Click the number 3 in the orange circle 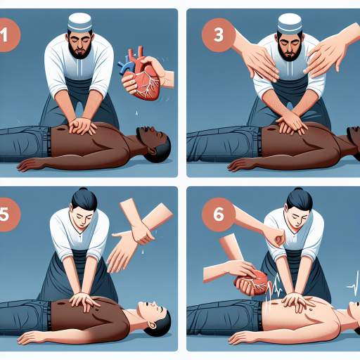pyautogui.click(x=219, y=34)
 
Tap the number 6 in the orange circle pyautogui.click(x=219, y=214)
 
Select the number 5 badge pyautogui.click(x=8, y=214)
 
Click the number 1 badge pyautogui.click(x=8, y=35)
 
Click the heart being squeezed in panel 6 pyautogui.click(x=252, y=283)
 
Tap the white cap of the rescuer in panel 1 pyautogui.click(x=79, y=22)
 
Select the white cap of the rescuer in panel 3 pyautogui.click(x=290, y=23)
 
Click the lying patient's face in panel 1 pyautogui.click(x=150, y=135)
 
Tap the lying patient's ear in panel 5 pyautogui.click(x=153, y=326)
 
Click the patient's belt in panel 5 pyautogui.click(x=49, y=316)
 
